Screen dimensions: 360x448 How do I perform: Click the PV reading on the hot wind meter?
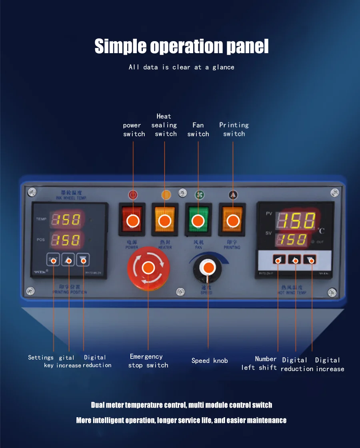296,220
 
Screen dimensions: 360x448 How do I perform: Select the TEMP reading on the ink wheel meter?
66,219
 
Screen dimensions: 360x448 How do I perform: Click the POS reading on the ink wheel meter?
66,240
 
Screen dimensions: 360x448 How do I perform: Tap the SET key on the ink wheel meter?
53,260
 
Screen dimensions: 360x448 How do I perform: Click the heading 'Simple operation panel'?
181,46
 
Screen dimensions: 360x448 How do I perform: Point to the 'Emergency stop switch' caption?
148,361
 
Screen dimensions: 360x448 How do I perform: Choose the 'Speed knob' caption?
210,360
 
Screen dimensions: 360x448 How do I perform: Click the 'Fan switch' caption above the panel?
198,129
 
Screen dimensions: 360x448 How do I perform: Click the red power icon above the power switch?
133,195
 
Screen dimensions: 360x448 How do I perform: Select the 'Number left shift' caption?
259,363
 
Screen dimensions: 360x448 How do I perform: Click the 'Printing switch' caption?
234,129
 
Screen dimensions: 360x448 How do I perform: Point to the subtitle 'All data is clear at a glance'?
181,67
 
